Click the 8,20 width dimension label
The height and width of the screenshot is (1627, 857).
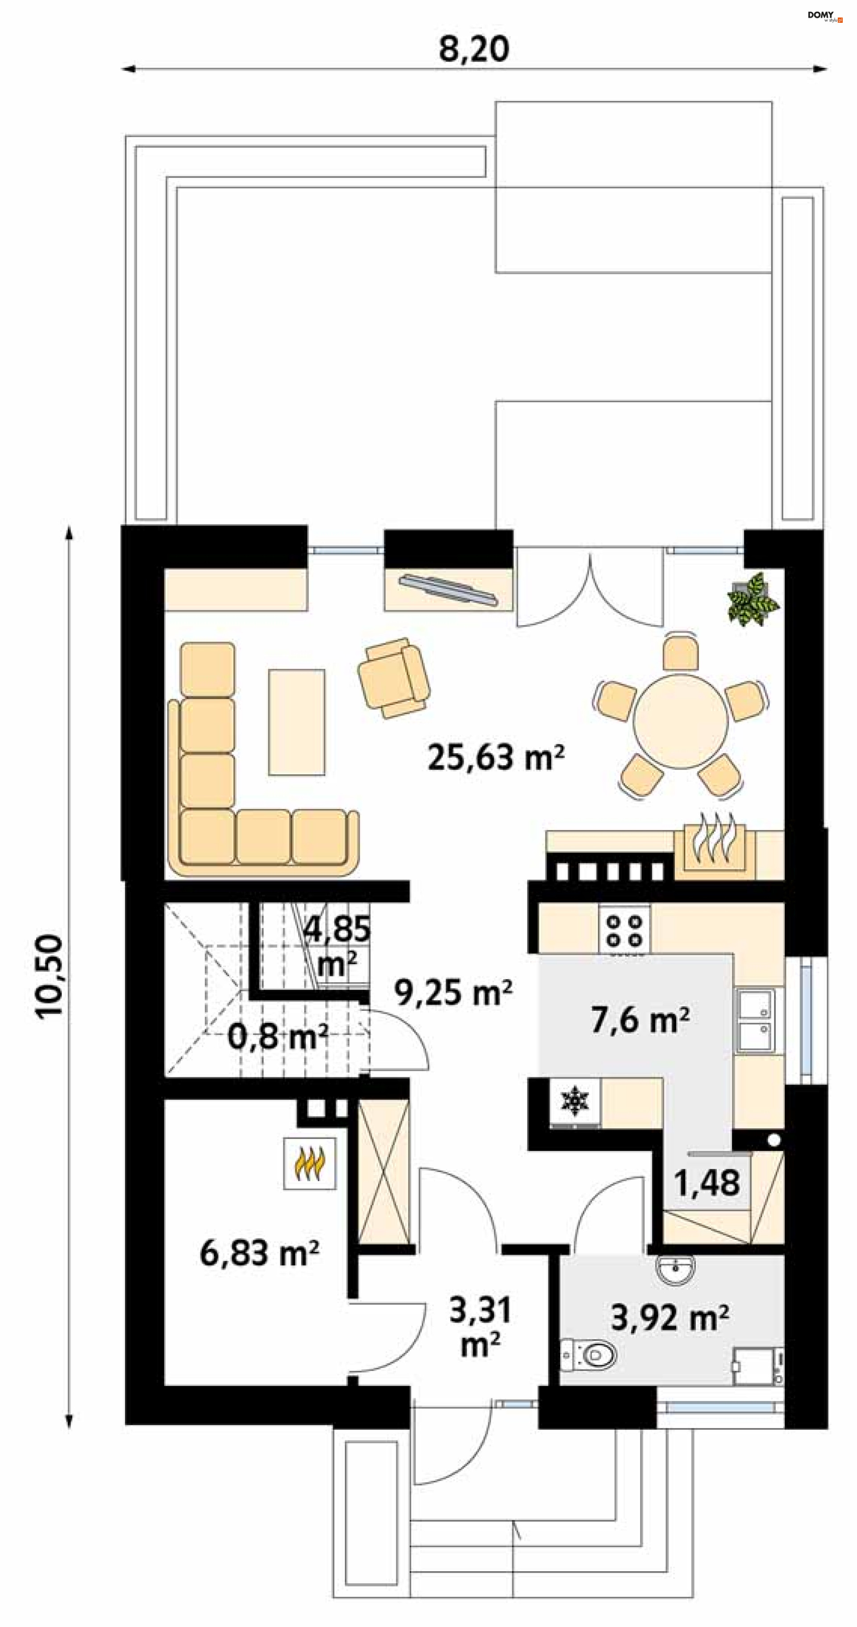click(x=474, y=49)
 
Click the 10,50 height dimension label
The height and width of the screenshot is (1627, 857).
click(x=49, y=976)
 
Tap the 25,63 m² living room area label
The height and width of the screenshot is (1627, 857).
click(x=496, y=757)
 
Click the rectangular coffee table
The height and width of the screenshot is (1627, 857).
click(x=296, y=722)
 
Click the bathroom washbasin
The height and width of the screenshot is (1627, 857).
click(x=676, y=1269)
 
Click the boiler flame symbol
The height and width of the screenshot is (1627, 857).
click(x=309, y=1164)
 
